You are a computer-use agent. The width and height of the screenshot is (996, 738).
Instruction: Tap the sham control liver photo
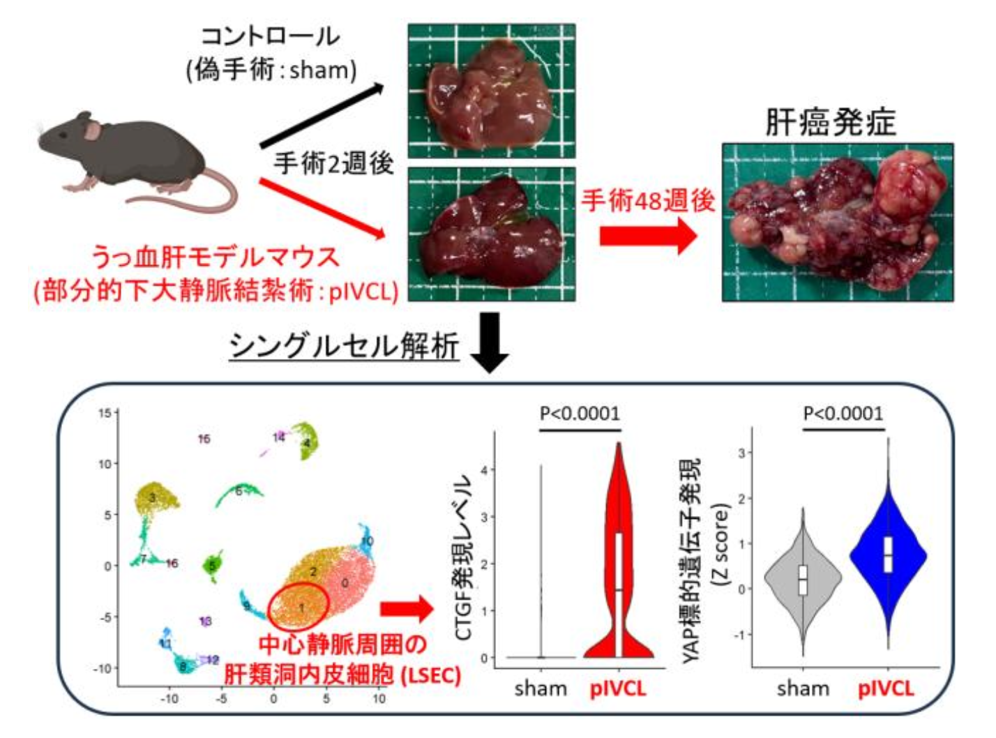pyautogui.click(x=491, y=91)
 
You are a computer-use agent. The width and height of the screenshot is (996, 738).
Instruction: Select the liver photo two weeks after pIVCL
pyautogui.click(x=491, y=234)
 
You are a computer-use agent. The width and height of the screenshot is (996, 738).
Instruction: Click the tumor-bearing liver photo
pyautogui.click(x=837, y=222)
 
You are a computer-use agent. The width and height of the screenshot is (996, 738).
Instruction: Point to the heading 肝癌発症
pyautogui.click(x=830, y=123)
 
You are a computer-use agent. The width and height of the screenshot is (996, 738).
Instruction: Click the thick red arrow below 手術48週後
pyautogui.click(x=647, y=236)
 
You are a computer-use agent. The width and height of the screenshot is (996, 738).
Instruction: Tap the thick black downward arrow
pyautogui.click(x=490, y=342)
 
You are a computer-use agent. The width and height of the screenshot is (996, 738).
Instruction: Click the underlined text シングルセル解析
pyautogui.click(x=345, y=345)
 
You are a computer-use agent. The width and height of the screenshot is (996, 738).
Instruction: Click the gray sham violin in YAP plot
pyautogui.click(x=803, y=579)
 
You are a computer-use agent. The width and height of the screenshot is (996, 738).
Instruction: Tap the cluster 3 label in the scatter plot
pyautogui.click(x=151, y=497)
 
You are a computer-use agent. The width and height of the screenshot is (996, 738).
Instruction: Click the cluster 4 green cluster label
pyautogui.click(x=306, y=442)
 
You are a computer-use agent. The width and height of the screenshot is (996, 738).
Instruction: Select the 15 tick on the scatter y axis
pyautogui.click(x=104, y=413)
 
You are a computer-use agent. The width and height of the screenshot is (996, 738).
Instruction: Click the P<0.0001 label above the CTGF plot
pyautogui.click(x=580, y=414)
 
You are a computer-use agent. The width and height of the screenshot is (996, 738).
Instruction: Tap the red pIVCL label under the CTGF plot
pyautogui.click(x=618, y=688)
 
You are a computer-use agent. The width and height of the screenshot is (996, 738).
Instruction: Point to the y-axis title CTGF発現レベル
pyautogui.click(x=465, y=557)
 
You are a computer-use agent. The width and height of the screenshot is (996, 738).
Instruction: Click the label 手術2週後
pyautogui.click(x=333, y=163)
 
